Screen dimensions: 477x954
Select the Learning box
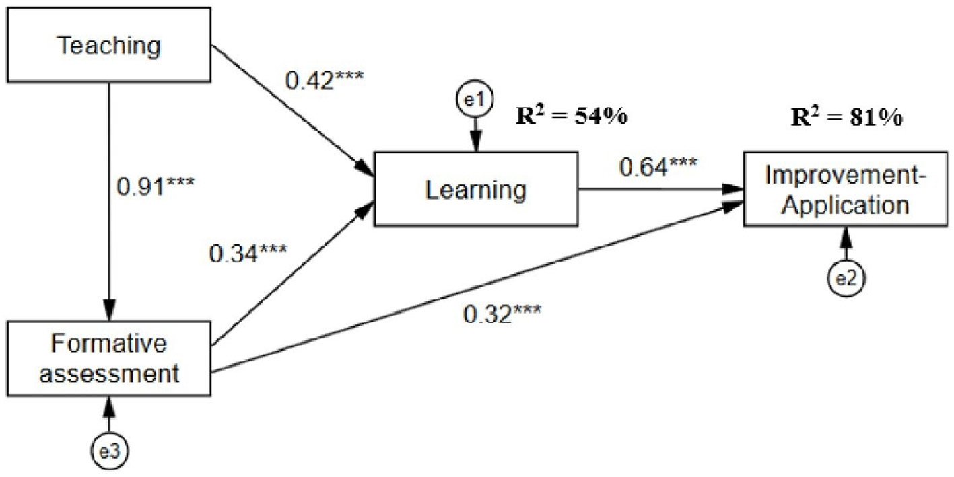(x=476, y=189)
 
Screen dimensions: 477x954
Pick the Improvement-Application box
(x=847, y=190)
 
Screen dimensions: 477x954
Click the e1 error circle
(x=476, y=100)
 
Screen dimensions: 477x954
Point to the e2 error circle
(x=847, y=277)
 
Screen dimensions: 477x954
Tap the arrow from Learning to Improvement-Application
(x=660, y=189)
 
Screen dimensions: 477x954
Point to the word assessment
(x=110, y=372)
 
